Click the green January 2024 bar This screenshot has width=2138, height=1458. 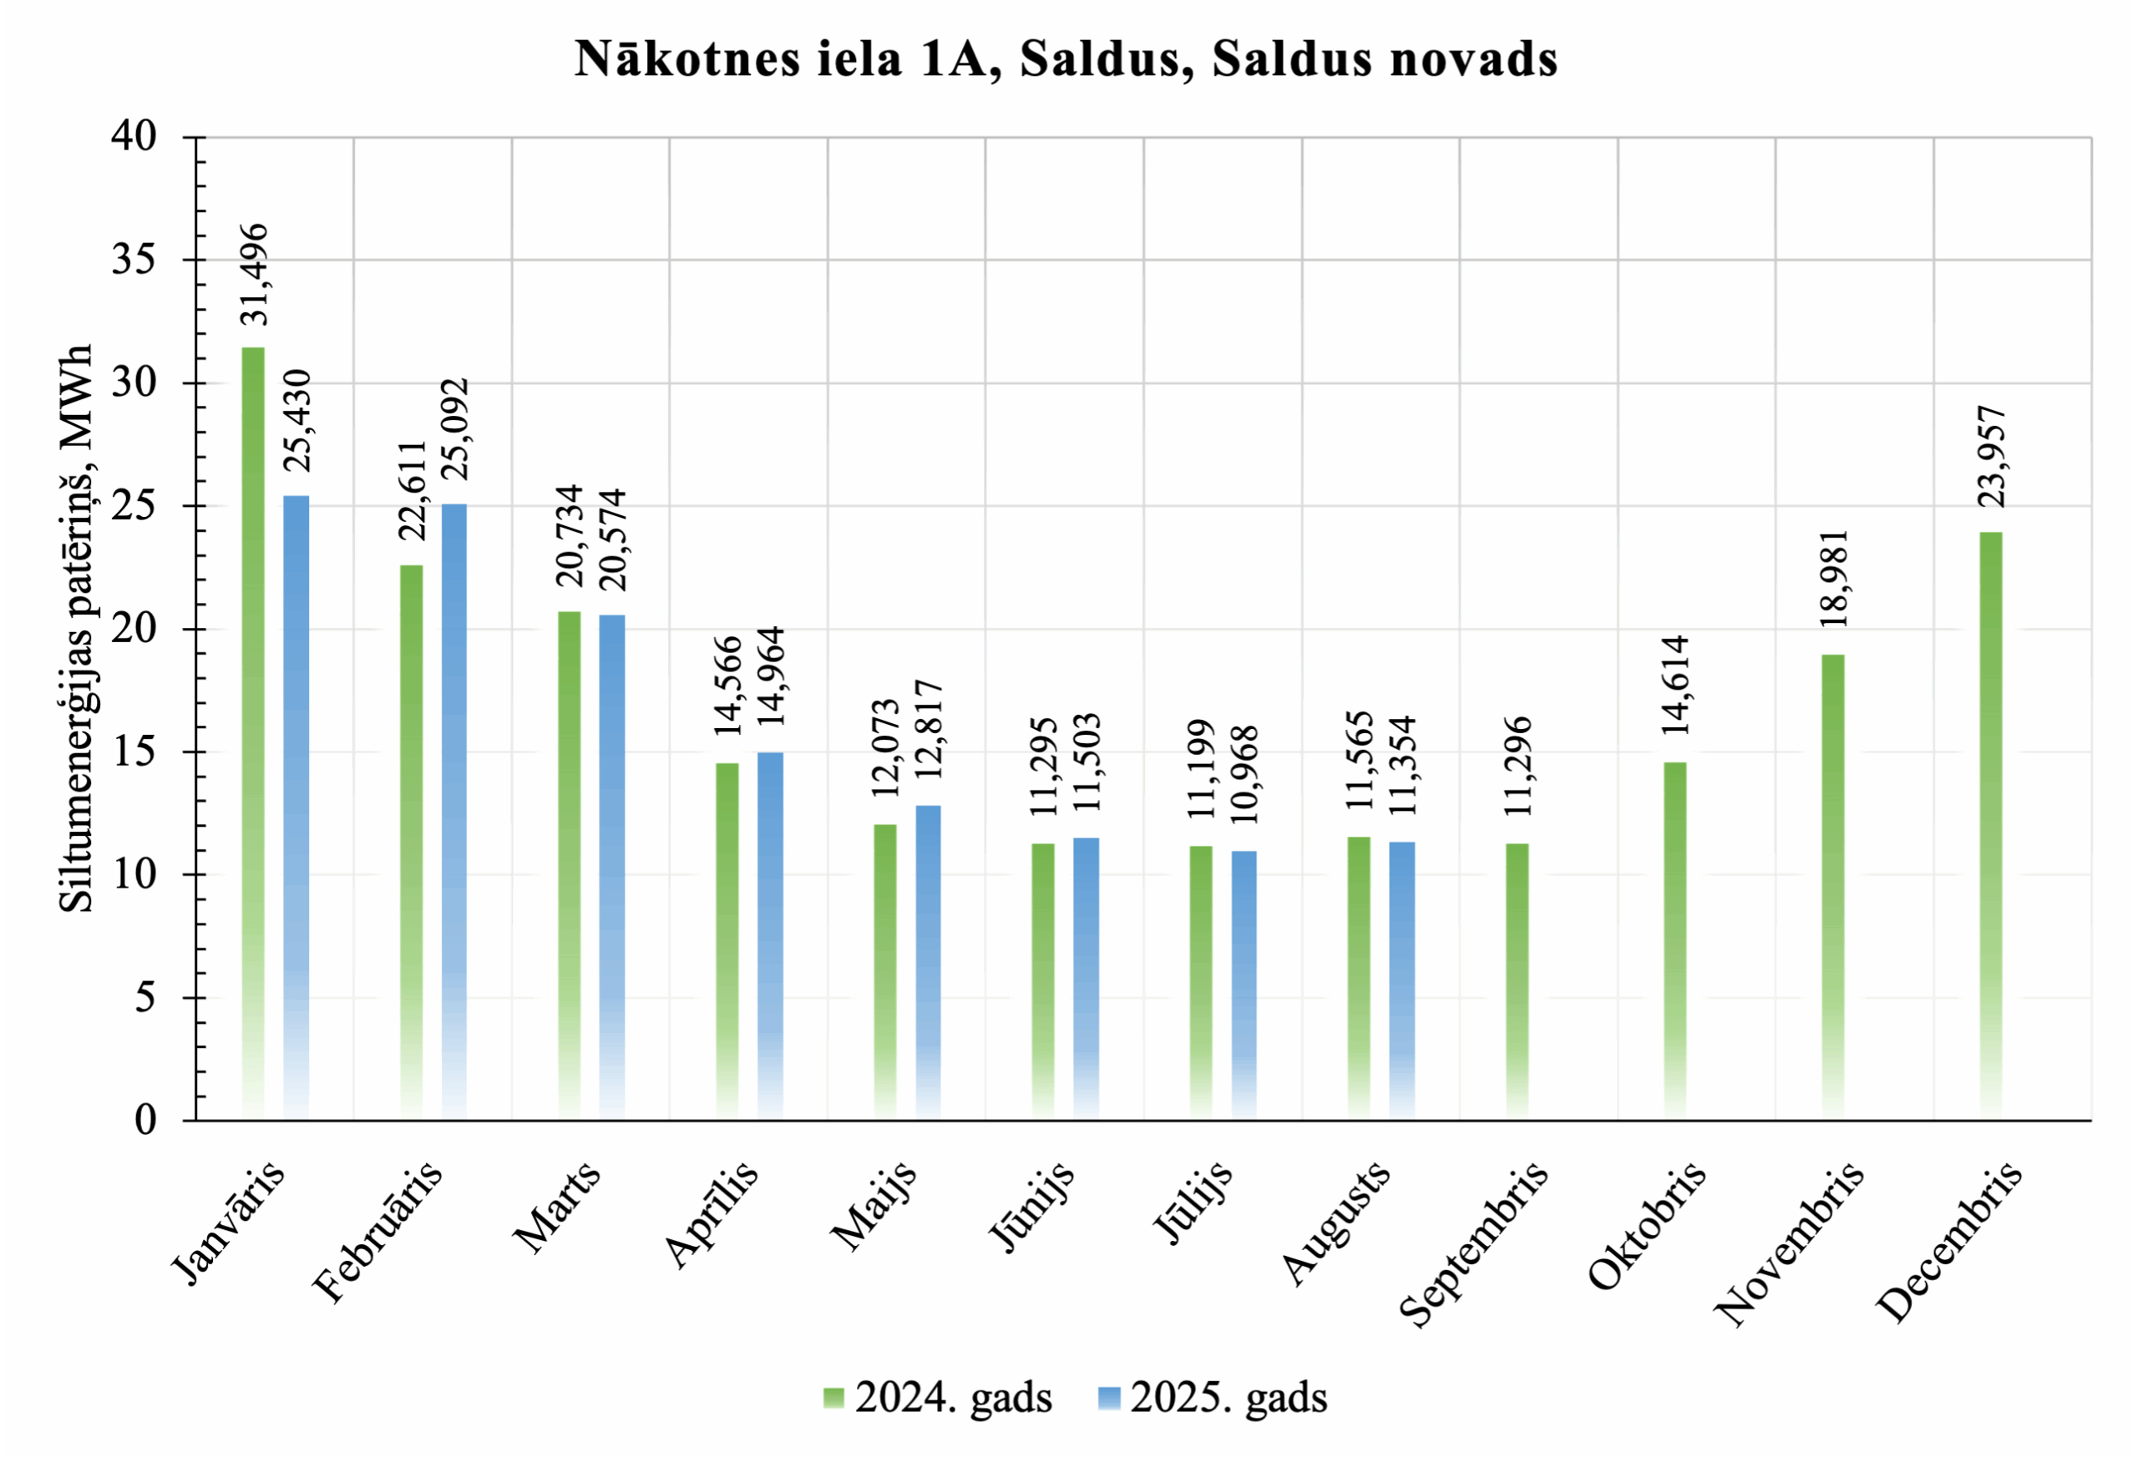[253, 733]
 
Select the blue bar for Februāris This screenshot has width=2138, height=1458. [454, 813]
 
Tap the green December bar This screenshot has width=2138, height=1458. [1991, 826]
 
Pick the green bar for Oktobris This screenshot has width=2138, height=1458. [1675, 941]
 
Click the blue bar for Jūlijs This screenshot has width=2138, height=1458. [1244, 985]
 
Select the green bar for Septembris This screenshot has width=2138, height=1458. [1517, 981]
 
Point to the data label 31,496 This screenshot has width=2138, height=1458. [254, 274]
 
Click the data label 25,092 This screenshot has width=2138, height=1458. [454, 428]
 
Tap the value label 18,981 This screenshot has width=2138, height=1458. [1833, 579]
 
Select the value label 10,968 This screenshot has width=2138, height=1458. [1244, 775]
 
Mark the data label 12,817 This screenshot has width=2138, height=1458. [930, 730]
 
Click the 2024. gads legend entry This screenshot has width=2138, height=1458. [937, 1397]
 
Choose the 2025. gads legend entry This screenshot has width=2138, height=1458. [1213, 1397]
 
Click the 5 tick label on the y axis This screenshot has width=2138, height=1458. [145, 998]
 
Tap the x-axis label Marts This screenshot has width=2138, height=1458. [558, 1207]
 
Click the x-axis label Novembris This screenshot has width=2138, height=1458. [1790, 1243]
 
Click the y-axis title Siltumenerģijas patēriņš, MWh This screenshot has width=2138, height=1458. [75, 628]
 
